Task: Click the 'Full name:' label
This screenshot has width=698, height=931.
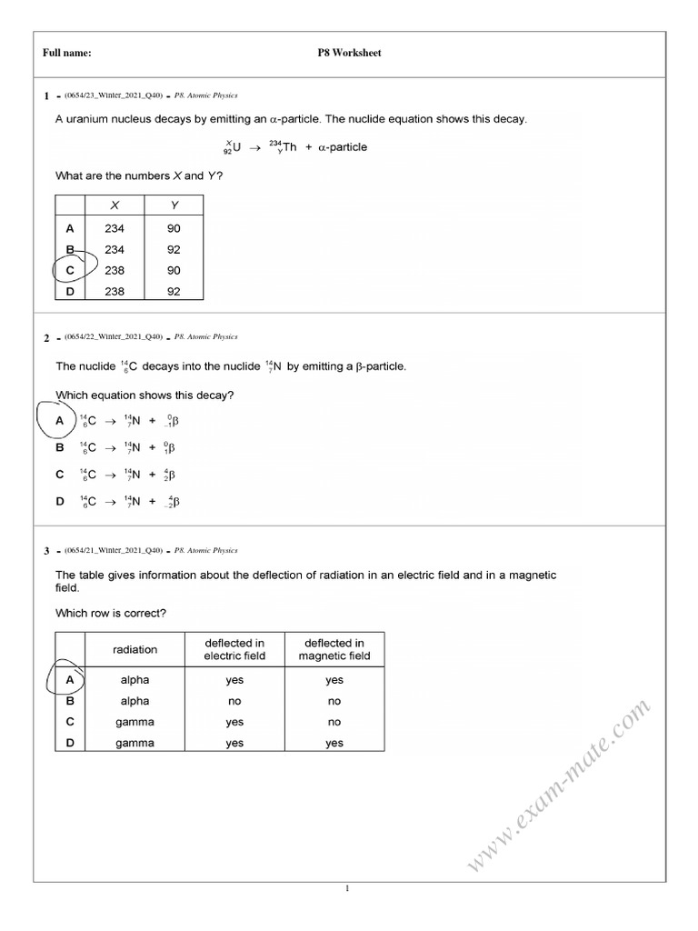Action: coord(67,53)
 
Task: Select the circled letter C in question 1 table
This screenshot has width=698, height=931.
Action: coord(70,270)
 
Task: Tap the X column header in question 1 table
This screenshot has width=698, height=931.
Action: coord(115,205)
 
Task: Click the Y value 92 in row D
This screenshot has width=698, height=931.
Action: coord(174,292)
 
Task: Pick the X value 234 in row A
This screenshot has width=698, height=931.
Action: coord(115,229)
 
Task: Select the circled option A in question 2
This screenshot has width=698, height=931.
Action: coord(60,421)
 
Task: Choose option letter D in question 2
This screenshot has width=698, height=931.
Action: coord(60,501)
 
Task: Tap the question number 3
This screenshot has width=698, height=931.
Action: coord(45,550)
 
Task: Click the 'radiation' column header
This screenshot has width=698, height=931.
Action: coord(135,649)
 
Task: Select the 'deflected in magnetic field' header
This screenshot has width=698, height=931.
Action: coord(334,649)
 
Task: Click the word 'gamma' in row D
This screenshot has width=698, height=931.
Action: coord(135,743)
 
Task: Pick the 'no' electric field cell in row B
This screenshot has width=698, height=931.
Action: coord(234,701)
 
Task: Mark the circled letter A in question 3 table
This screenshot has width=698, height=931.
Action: coord(70,679)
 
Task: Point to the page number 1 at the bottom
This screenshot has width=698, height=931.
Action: coord(348,889)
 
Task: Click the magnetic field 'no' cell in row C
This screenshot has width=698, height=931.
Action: coord(334,722)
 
